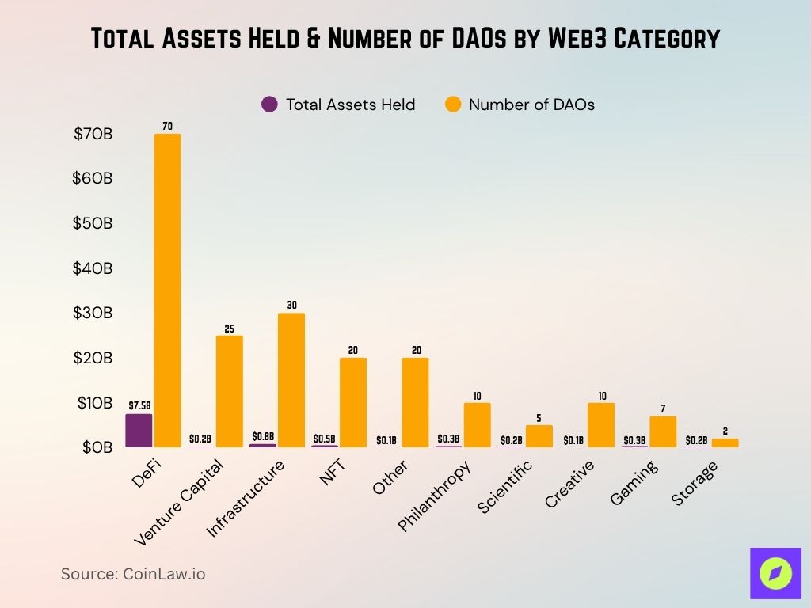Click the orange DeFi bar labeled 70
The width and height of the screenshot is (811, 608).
tap(167, 290)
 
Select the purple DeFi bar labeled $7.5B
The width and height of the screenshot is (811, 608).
tap(139, 431)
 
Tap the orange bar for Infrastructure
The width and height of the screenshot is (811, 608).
tap(291, 380)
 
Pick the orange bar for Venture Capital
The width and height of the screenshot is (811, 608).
tap(229, 391)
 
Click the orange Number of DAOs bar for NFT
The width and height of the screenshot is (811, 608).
tap(353, 402)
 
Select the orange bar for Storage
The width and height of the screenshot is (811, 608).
tap(725, 443)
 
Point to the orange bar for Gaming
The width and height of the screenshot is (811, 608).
tap(663, 431)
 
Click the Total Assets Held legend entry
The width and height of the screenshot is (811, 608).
tap(338, 104)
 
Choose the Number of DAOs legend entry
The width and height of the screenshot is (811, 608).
tap(520, 104)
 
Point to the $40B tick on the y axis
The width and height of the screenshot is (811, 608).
tap(93, 268)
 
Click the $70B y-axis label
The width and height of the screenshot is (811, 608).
tap(93, 134)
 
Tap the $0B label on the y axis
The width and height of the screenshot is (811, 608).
tap(97, 447)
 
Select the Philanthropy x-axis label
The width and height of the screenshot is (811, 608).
tap(435, 496)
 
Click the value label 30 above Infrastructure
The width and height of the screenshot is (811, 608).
tap(291, 305)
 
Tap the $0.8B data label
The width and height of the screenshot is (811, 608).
tap(263, 436)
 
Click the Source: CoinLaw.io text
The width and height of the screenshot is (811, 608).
tap(133, 574)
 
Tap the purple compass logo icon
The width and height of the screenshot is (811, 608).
tap(775, 573)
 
